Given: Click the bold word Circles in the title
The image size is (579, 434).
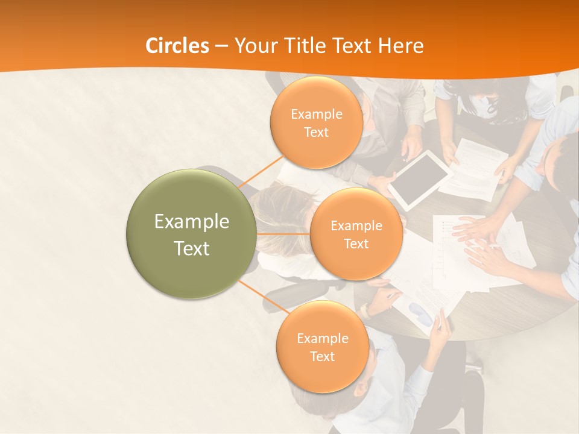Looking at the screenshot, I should tap(177, 46).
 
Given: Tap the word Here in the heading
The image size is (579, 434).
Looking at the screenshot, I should tap(401, 46).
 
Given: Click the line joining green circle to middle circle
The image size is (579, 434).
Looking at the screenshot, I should tap(282, 234).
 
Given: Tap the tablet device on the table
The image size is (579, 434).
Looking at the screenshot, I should tap(420, 179).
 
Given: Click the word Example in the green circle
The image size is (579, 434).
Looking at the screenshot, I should tap(192, 222).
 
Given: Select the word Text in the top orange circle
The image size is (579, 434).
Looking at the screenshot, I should tap(316, 133).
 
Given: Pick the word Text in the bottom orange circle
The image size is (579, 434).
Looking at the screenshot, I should tap(322, 356).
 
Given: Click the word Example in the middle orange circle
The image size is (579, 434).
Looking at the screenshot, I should tap(356, 226).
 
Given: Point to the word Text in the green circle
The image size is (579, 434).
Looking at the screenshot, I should tap(192, 248).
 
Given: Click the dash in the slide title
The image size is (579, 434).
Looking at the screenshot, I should tap(221, 46).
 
